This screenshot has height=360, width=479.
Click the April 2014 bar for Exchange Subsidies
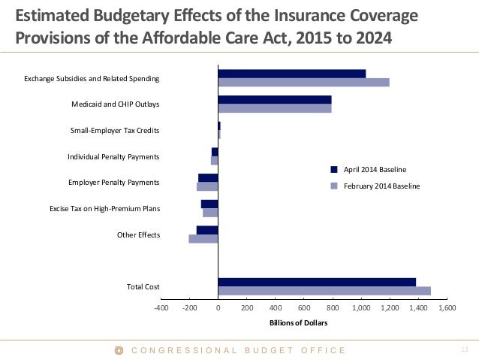pyautogui.click(x=291, y=74)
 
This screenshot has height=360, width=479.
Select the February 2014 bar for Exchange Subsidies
pyautogui.click(x=303, y=82)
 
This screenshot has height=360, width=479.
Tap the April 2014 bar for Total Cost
pyautogui.click(x=317, y=282)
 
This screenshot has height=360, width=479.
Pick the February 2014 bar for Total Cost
pyautogui.click(x=324, y=290)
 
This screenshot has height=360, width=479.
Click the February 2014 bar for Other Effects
pyautogui.click(x=203, y=239)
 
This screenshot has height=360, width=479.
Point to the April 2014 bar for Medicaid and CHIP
pyautogui.click(x=275, y=99)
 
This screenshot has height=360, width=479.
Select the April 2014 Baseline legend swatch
pyautogui.click(x=334, y=170)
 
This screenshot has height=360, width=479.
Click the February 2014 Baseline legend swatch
pyautogui.click(x=334, y=186)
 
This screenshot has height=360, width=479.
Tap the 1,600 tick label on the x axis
pyautogui.click(x=447, y=308)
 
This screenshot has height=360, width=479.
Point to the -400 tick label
pyautogui.click(x=161, y=308)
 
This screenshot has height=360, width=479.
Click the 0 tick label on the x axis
pyautogui.click(x=218, y=308)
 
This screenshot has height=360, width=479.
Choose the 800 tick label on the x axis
pyautogui.click(x=333, y=308)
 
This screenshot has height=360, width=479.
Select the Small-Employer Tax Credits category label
pyautogui.click(x=115, y=131)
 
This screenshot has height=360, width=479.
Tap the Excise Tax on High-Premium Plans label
pyautogui.click(x=104, y=208)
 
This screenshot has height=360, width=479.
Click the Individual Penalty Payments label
pyautogui.click(x=113, y=156)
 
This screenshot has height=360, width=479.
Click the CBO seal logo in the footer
pyautogui.click(x=119, y=350)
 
